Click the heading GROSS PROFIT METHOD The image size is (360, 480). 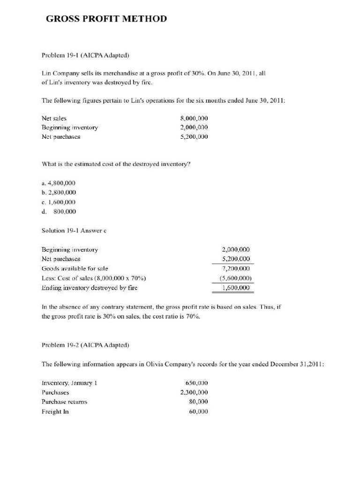coord(106,19)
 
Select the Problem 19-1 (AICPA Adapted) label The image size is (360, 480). coord(85,55)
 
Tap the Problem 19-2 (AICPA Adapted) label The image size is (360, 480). coord(85,345)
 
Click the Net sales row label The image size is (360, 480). coord(54,118)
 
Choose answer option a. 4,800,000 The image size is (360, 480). coord(59,183)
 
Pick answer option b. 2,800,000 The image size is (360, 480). coord(59,192)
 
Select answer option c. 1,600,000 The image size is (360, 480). coord(59,202)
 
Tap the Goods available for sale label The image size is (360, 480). coord(75,269)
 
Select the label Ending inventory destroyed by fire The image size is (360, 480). coord(90,287)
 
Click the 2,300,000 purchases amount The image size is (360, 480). coord(194,392)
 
